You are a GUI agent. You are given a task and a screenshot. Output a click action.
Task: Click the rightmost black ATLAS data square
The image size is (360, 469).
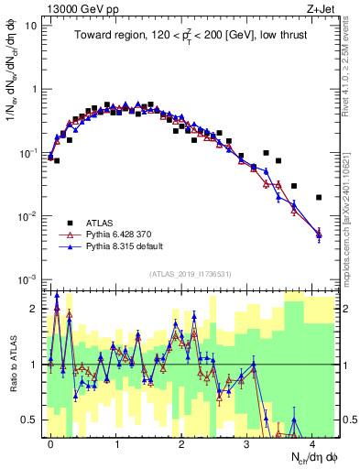pos(319,197)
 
